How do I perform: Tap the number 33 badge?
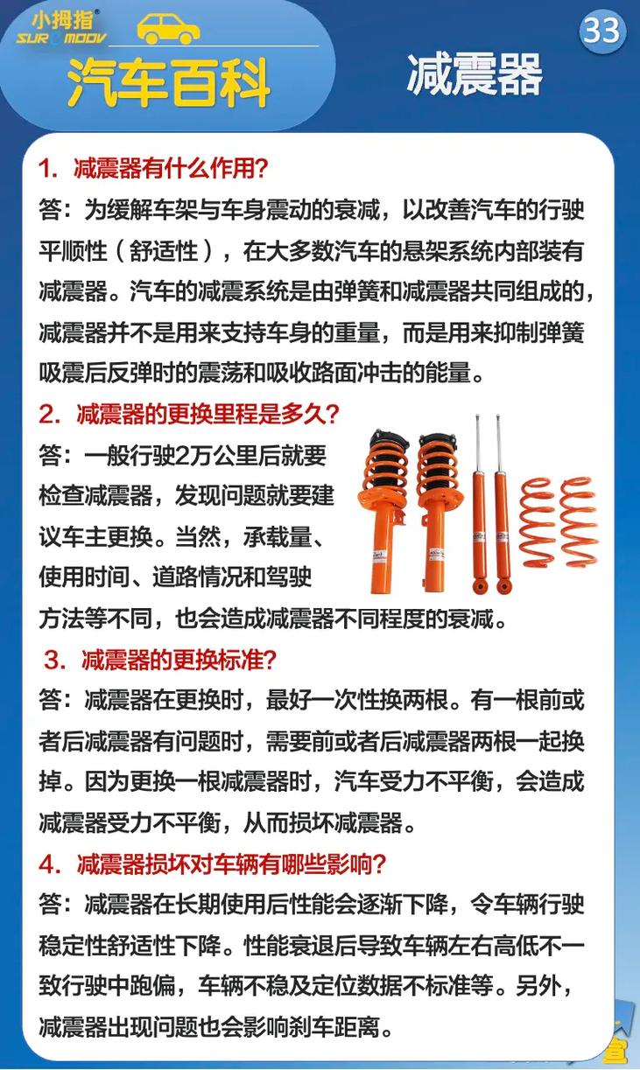[601, 31]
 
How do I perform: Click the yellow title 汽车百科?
[168, 82]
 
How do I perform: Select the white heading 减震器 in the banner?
[474, 74]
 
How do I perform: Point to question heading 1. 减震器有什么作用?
[153, 168]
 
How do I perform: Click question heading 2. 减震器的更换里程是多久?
[188, 413]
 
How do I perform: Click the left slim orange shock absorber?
[479, 507]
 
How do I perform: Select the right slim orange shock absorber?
[502, 507]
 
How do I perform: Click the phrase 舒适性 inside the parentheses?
[166, 251]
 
